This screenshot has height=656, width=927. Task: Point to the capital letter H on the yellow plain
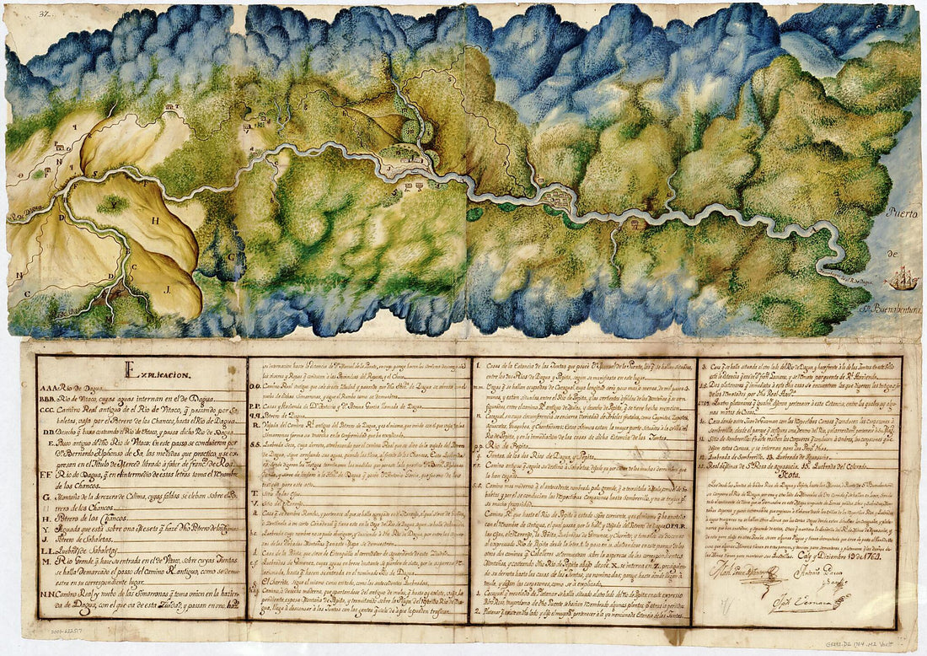click(x=155, y=220)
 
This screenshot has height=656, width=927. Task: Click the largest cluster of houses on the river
click(x=558, y=197)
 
